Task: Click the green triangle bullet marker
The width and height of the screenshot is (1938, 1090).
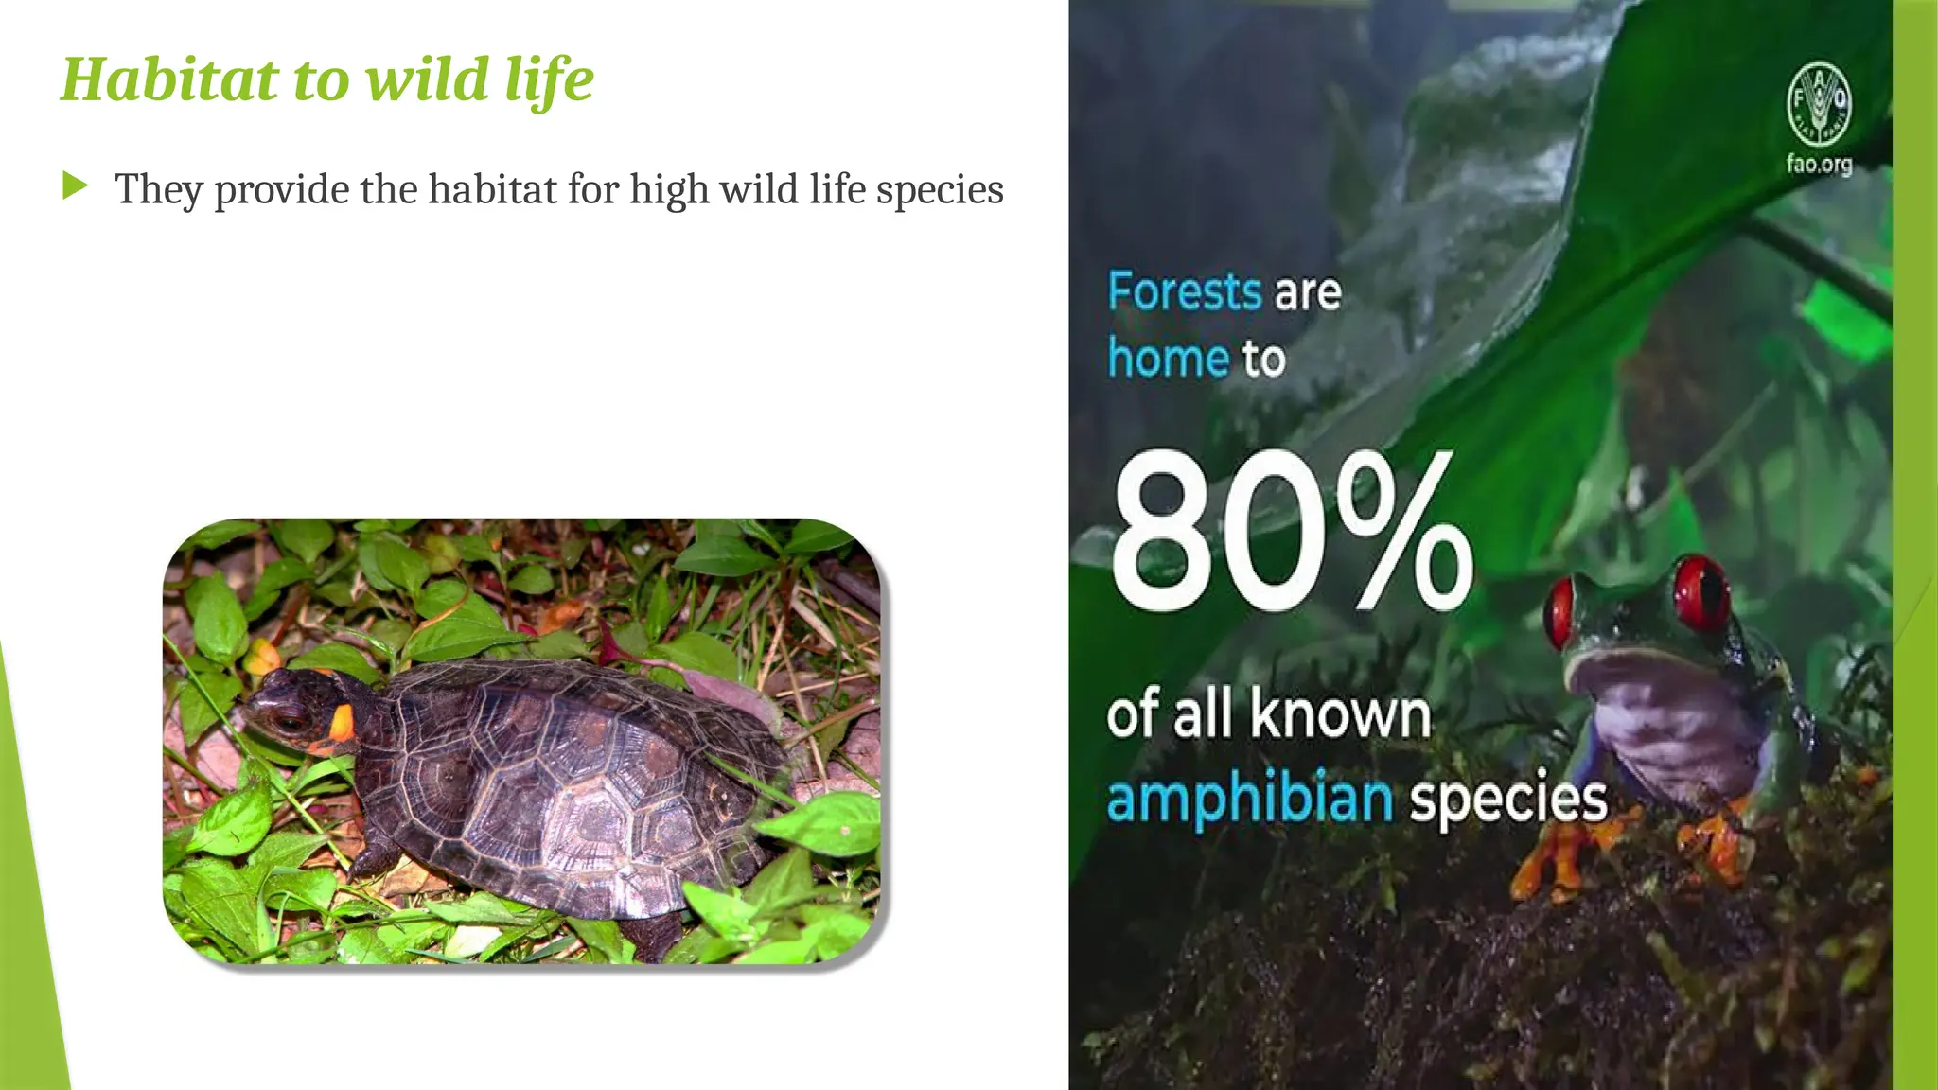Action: click(75, 185)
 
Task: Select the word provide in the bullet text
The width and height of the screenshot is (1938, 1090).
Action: click(282, 190)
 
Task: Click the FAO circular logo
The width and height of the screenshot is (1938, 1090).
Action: click(1819, 103)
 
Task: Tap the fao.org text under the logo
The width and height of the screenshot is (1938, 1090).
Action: click(1819, 165)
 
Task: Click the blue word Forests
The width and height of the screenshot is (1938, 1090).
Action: click(1185, 291)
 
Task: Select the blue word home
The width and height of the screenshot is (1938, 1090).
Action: click(1169, 360)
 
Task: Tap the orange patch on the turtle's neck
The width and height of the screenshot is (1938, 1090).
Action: click(341, 724)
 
